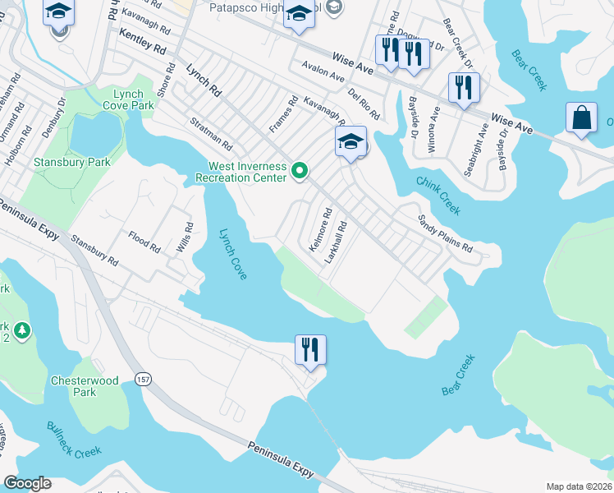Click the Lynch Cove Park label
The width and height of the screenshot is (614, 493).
click(x=129, y=100)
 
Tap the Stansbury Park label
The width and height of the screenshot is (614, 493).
click(x=72, y=162)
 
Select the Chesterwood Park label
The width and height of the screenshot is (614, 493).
click(x=85, y=386)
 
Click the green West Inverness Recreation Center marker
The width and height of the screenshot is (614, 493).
click(x=300, y=172)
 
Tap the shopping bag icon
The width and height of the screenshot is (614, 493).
click(x=581, y=117)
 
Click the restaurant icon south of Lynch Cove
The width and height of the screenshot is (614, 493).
click(x=310, y=350)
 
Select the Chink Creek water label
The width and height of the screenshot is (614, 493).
click(x=438, y=196)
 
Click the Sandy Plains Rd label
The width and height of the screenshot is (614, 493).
click(x=445, y=234)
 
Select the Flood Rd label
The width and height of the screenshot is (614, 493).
click(x=144, y=242)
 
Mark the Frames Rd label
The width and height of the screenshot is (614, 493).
click(x=283, y=116)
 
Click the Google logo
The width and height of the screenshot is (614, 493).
click(x=27, y=483)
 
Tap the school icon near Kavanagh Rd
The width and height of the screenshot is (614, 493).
click(x=351, y=141)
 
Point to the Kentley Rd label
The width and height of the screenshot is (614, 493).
click(x=141, y=42)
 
